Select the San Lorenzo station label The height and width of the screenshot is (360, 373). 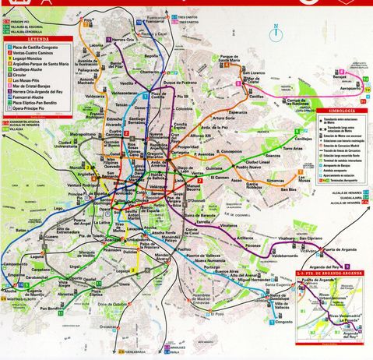tap(256, 73)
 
